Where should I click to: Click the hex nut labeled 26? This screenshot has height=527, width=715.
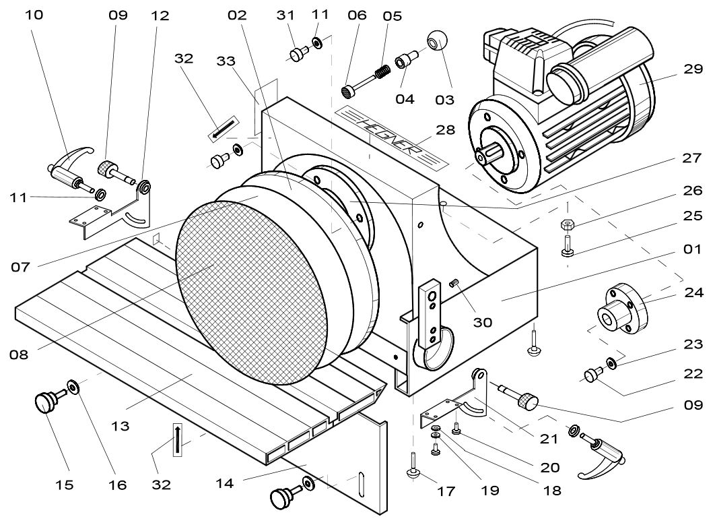(x=567, y=224)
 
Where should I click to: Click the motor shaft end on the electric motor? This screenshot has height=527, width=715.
(x=481, y=156)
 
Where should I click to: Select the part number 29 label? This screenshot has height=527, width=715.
(x=693, y=69)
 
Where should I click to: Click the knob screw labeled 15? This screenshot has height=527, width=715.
(x=46, y=402)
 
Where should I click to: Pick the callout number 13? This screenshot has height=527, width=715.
(x=121, y=426)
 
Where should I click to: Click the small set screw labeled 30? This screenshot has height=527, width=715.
(x=454, y=283)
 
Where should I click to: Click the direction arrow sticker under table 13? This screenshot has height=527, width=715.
(x=177, y=439)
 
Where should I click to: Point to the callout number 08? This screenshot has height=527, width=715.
(x=19, y=354)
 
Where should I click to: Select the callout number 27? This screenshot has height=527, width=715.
(x=691, y=158)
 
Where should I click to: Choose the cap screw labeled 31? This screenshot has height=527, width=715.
(x=299, y=53)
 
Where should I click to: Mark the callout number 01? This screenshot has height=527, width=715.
(x=691, y=249)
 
